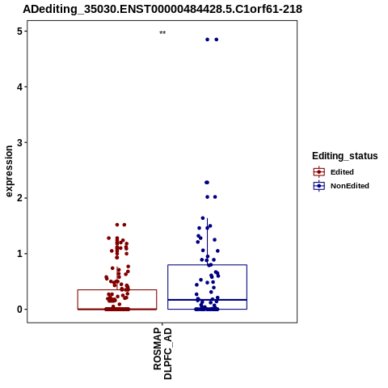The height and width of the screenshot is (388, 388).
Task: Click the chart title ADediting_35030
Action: (x=162, y=9)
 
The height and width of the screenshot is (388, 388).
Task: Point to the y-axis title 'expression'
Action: (x=9, y=171)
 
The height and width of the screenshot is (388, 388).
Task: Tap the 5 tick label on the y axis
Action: (x=19, y=32)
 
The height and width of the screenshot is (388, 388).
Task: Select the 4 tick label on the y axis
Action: (x=19, y=86)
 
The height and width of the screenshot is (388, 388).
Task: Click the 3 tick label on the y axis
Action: (x=19, y=142)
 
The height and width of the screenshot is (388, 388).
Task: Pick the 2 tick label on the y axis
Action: (x=19, y=198)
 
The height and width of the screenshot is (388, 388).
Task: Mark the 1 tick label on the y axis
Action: (x=19, y=254)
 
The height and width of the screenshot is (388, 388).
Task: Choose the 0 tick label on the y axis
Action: (x=19, y=310)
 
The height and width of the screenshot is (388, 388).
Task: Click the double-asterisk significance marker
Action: (x=162, y=32)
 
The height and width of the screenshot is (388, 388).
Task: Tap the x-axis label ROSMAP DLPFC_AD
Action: (x=162, y=353)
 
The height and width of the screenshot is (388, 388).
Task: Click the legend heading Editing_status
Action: (x=345, y=156)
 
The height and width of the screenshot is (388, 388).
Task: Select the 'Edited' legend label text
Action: (x=342, y=172)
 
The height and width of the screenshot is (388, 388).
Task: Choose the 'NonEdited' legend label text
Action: (x=350, y=186)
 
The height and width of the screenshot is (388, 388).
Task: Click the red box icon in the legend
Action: (x=319, y=172)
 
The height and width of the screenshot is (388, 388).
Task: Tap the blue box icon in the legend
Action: (x=319, y=186)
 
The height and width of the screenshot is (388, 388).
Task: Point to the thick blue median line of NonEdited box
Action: (x=207, y=300)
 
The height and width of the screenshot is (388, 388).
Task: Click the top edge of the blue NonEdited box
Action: (x=207, y=265)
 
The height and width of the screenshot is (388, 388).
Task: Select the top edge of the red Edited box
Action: (x=117, y=290)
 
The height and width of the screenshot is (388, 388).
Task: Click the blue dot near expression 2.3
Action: (x=207, y=183)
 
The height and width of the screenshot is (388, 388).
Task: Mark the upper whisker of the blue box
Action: (x=207, y=242)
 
